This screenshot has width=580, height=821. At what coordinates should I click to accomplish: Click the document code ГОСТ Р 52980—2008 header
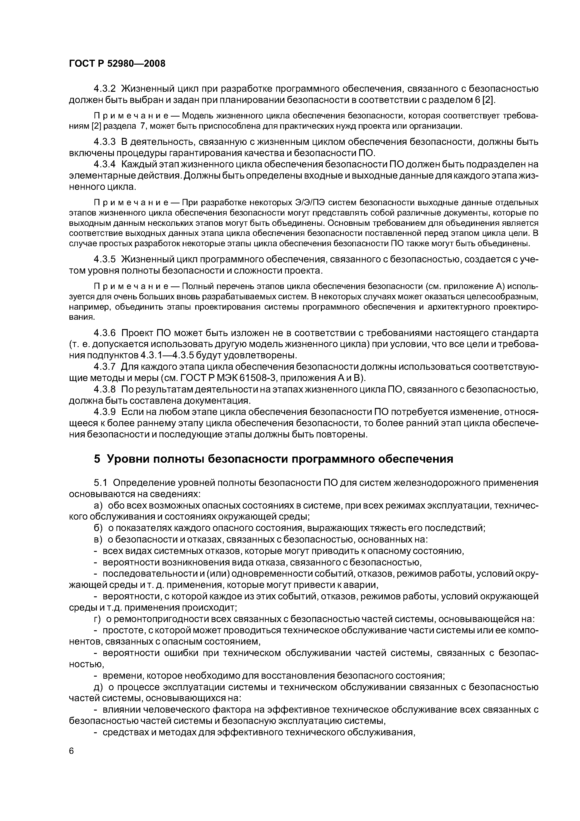point(117,64)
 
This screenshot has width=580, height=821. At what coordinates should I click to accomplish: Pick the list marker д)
point(98,687)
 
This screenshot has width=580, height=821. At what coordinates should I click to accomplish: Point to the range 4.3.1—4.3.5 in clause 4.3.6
point(181,356)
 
